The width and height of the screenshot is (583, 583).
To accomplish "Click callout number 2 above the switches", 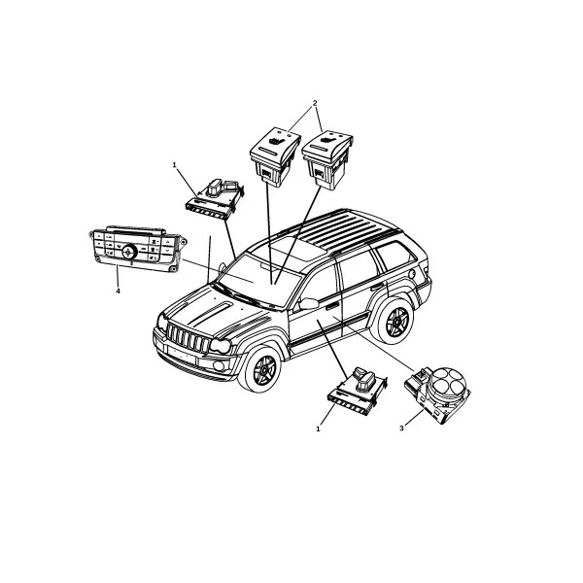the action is [x=315, y=103].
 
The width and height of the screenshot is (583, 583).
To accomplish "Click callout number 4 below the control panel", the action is [x=118, y=291].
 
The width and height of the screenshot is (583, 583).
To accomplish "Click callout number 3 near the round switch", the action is [x=401, y=429].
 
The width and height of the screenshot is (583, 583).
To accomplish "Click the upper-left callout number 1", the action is [x=174, y=165].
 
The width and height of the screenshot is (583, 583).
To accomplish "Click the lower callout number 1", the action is [x=318, y=429].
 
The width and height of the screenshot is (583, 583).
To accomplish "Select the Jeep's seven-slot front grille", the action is [x=187, y=337].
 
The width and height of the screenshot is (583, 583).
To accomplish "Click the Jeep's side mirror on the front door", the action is [x=308, y=303].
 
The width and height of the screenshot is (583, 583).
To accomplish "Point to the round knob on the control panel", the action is [x=128, y=253].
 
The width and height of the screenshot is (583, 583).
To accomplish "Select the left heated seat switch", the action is [x=274, y=157].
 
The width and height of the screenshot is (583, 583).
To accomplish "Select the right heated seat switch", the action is [x=327, y=160].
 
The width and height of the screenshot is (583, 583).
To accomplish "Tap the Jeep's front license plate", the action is [x=182, y=355].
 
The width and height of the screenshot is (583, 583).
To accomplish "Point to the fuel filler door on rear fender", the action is [x=412, y=273].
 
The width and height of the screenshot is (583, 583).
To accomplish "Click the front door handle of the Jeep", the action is [x=332, y=306].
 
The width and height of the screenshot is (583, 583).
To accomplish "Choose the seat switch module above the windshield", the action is [x=215, y=199].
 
